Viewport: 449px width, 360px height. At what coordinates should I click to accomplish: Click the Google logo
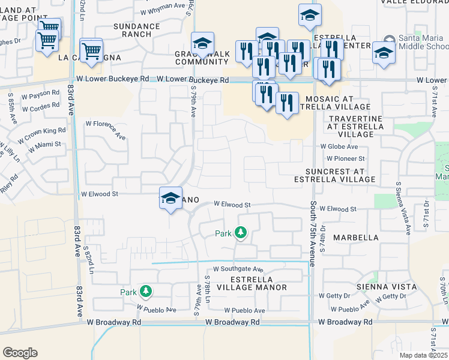(20, 352)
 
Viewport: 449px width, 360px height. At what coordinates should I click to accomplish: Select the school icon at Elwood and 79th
(170, 199)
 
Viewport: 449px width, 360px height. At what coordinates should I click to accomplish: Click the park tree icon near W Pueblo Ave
(145, 292)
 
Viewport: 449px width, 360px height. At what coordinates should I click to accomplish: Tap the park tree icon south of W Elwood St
(241, 232)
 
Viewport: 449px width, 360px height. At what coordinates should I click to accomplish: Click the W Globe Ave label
(339, 146)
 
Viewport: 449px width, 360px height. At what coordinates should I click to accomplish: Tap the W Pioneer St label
(345, 158)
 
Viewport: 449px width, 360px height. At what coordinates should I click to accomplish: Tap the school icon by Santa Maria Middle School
(384, 53)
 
